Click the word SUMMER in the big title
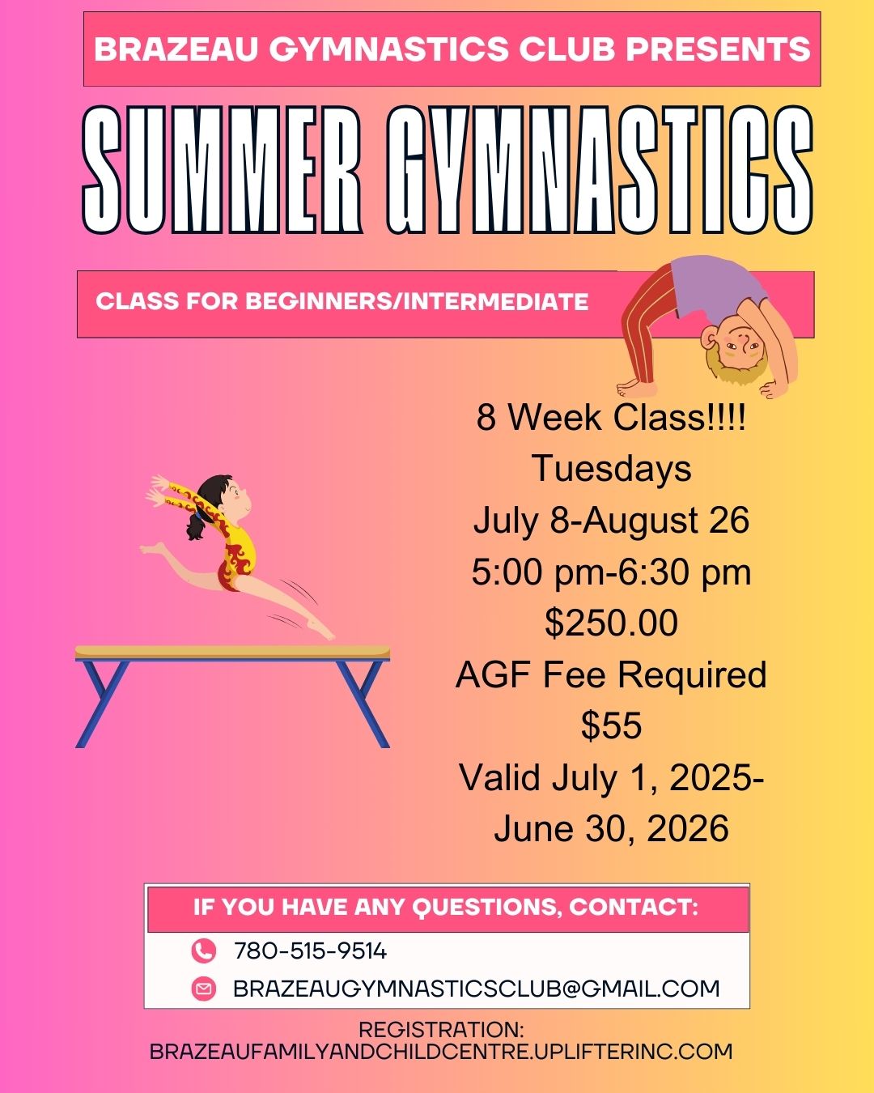tap(223, 170)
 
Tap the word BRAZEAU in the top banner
tap(176, 49)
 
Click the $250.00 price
tap(612, 622)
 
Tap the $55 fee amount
tap(612, 725)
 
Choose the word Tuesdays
tap(612, 468)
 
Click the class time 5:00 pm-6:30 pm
tap(612, 572)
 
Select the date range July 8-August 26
tap(612, 521)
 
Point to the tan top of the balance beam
tap(232, 651)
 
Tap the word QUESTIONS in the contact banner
tap(486, 908)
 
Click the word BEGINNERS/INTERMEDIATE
tap(417, 301)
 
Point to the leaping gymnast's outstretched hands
tap(159, 490)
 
